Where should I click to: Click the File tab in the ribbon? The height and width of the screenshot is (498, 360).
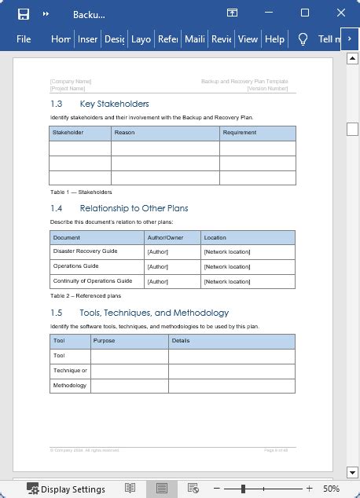click(x=24, y=38)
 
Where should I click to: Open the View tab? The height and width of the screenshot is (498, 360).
click(x=248, y=38)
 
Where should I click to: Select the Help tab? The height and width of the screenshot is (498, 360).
click(x=274, y=38)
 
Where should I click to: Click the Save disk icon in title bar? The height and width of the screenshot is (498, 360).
click(x=23, y=13)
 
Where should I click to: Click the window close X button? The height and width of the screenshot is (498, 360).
click(x=340, y=13)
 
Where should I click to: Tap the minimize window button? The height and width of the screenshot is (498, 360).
click(x=268, y=13)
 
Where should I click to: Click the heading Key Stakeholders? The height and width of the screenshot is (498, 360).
click(x=114, y=104)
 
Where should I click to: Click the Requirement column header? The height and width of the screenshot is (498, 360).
click(x=239, y=133)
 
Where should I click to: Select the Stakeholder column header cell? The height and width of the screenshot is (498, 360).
click(x=68, y=133)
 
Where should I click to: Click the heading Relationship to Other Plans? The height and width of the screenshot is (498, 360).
click(x=134, y=208)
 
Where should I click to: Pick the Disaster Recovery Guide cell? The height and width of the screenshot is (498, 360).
click(x=85, y=251)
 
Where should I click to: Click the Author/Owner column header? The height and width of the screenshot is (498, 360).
click(x=165, y=236)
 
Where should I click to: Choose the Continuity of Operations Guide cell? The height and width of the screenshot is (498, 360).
click(x=93, y=280)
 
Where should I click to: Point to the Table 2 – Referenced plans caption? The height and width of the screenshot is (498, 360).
click(x=86, y=296)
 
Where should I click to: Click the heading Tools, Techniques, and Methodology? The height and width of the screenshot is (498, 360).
click(x=154, y=313)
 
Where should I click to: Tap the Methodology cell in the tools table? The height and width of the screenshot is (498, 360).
click(x=70, y=385)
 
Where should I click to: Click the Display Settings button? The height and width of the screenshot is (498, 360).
click(x=66, y=489)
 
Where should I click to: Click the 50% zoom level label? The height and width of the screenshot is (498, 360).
click(x=331, y=489)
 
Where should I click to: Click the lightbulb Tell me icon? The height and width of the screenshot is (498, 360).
click(x=303, y=38)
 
